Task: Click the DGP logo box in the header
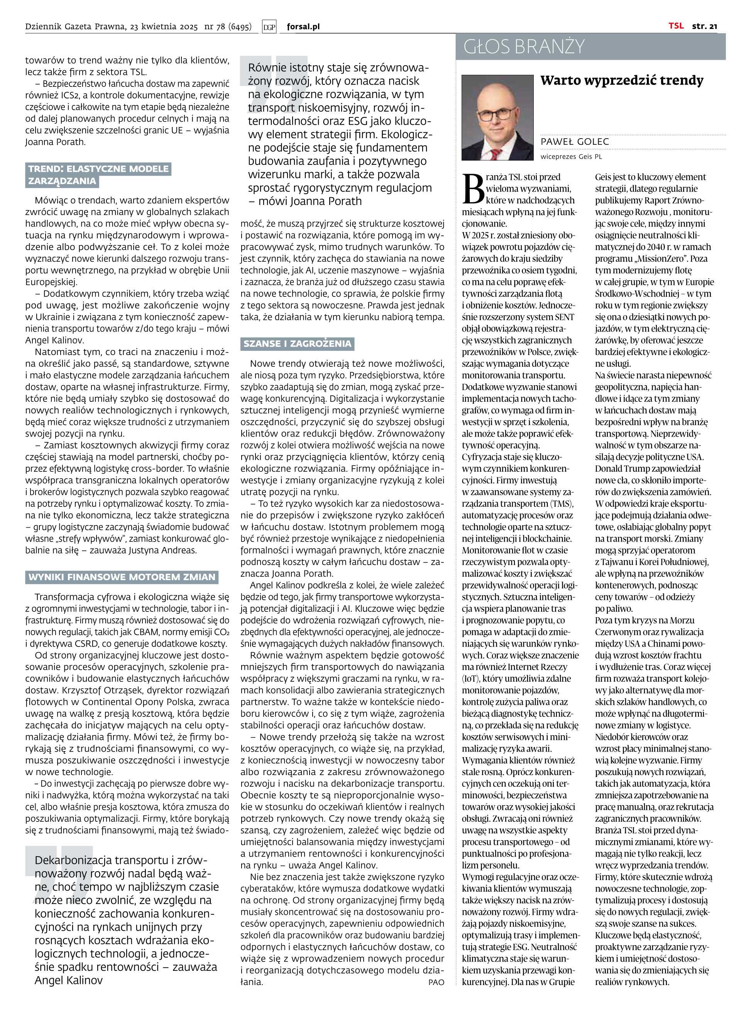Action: (x=269, y=27)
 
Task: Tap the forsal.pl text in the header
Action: (x=303, y=27)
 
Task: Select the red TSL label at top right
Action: (x=676, y=26)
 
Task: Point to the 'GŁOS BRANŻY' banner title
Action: (x=524, y=47)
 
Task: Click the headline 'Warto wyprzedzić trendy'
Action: (x=622, y=81)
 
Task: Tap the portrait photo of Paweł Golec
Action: (x=498, y=118)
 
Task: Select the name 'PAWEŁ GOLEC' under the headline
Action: (x=575, y=142)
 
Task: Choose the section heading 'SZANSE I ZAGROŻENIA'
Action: (x=297, y=344)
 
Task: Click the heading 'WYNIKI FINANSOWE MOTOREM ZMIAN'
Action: (x=122, y=577)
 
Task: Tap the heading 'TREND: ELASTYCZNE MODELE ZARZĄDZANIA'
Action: (x=99, y=175)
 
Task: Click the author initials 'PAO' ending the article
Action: (x=436, y=982)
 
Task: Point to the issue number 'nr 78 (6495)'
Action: (x=227, y=27)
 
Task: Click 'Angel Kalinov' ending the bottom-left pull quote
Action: (x=69, y=980)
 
